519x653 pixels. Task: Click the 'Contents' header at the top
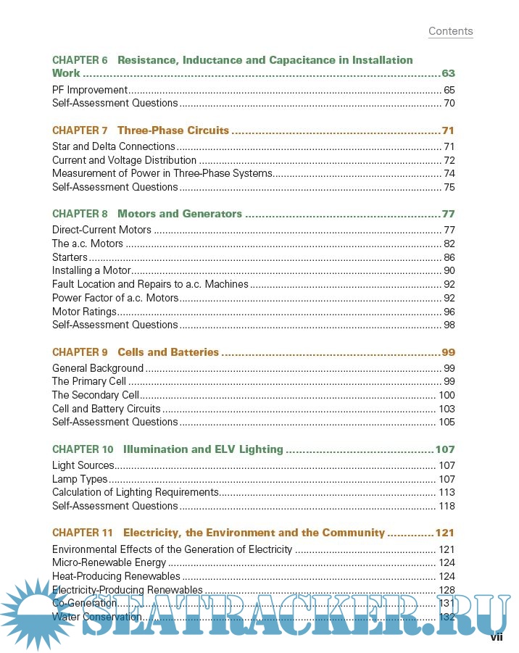(x=450, y=31)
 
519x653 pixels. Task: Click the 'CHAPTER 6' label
(x=80, y=60)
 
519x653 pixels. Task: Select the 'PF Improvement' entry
(x=90, y=90)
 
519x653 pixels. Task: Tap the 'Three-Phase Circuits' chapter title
(x=173, y=130)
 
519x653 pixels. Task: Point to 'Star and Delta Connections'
(x=114, y=146)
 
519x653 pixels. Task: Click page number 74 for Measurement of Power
(x=449, y=173)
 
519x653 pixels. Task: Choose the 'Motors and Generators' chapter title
(x=180, y=214)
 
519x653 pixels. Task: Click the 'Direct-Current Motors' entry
(x=101, y=230)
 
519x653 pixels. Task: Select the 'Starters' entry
(x=70, y=257)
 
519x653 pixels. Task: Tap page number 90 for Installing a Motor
(x=449, y=270)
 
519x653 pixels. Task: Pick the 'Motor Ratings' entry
(x=84, y=312)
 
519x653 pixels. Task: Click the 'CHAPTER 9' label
(x=80, y=352)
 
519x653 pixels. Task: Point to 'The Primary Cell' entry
(x=89, y=381)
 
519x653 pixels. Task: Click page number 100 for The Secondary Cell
(x=447, y=395)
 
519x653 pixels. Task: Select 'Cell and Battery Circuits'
(x=107, y=409)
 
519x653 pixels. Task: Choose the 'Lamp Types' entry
(x=80, y=479)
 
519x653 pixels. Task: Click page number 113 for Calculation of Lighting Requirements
(x=447, y=493)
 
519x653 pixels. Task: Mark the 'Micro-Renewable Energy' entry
(x=109, y=562)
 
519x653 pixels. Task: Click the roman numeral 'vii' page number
(x=497, y=637)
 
